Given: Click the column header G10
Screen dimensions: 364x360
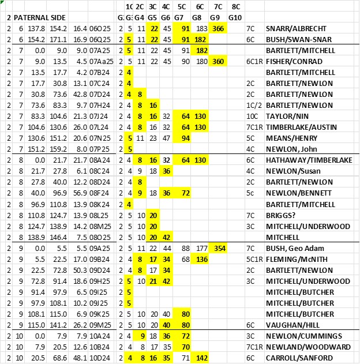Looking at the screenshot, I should [x=235, y=17].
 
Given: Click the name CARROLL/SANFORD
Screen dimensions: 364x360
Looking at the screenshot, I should [x=298, y=358].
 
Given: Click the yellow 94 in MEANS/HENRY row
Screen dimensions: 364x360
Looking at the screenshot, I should [x=185, y=138].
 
